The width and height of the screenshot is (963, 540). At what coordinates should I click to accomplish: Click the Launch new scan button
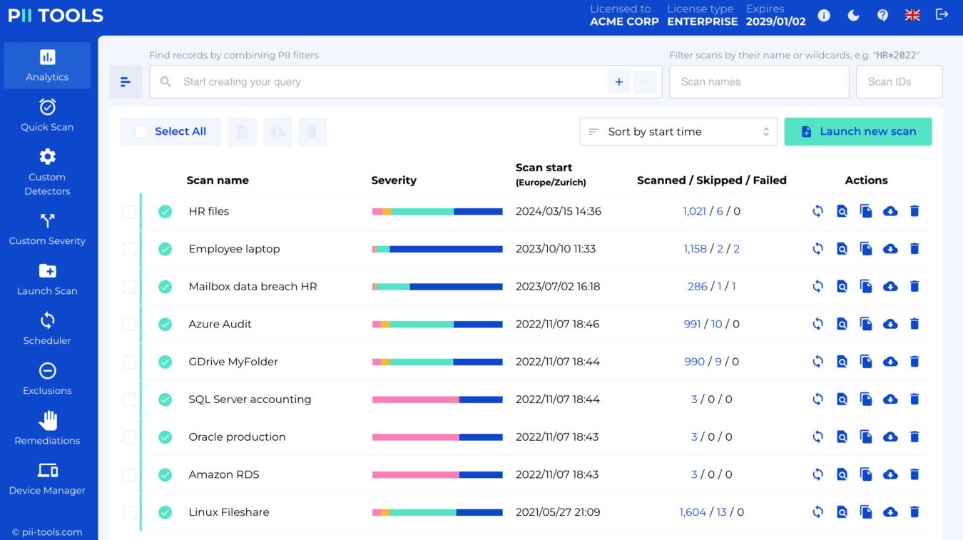pos(858,131)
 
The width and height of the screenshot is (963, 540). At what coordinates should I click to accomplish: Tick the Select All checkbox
pos(142,131)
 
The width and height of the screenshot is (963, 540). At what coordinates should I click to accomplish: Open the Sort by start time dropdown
pos(678,131)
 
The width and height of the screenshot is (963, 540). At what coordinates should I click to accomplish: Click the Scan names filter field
pos(758,82)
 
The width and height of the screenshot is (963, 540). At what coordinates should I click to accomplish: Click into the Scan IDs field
pos(898,82)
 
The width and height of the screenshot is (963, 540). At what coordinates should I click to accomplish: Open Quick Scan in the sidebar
pos(47,115)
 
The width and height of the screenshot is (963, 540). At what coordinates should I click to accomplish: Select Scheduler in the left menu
pos(47,329)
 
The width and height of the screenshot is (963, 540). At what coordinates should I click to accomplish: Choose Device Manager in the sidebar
pos(47,479)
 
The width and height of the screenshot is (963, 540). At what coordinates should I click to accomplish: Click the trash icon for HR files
pos(914,211)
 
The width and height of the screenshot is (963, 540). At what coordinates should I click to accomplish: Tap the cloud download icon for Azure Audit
pos(890,324)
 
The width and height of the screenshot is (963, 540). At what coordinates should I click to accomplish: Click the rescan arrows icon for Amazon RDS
pos(818,474)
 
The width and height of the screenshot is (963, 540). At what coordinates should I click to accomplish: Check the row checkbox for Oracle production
pos(129,437)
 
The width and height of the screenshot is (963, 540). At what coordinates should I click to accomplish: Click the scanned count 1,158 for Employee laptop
pos(695,249)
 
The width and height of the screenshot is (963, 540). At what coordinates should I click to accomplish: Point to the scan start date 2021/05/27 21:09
pos(557,512)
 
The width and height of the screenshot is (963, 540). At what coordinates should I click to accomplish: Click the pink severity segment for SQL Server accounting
pos(415,399)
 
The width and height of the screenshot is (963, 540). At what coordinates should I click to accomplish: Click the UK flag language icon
pos(912,15)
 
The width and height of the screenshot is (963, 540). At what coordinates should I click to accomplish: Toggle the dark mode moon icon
pos(853,15)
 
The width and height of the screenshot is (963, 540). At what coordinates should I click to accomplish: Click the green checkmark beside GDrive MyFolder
pos(165,362)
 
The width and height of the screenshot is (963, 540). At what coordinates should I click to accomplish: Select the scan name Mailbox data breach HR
pos(253,286)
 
